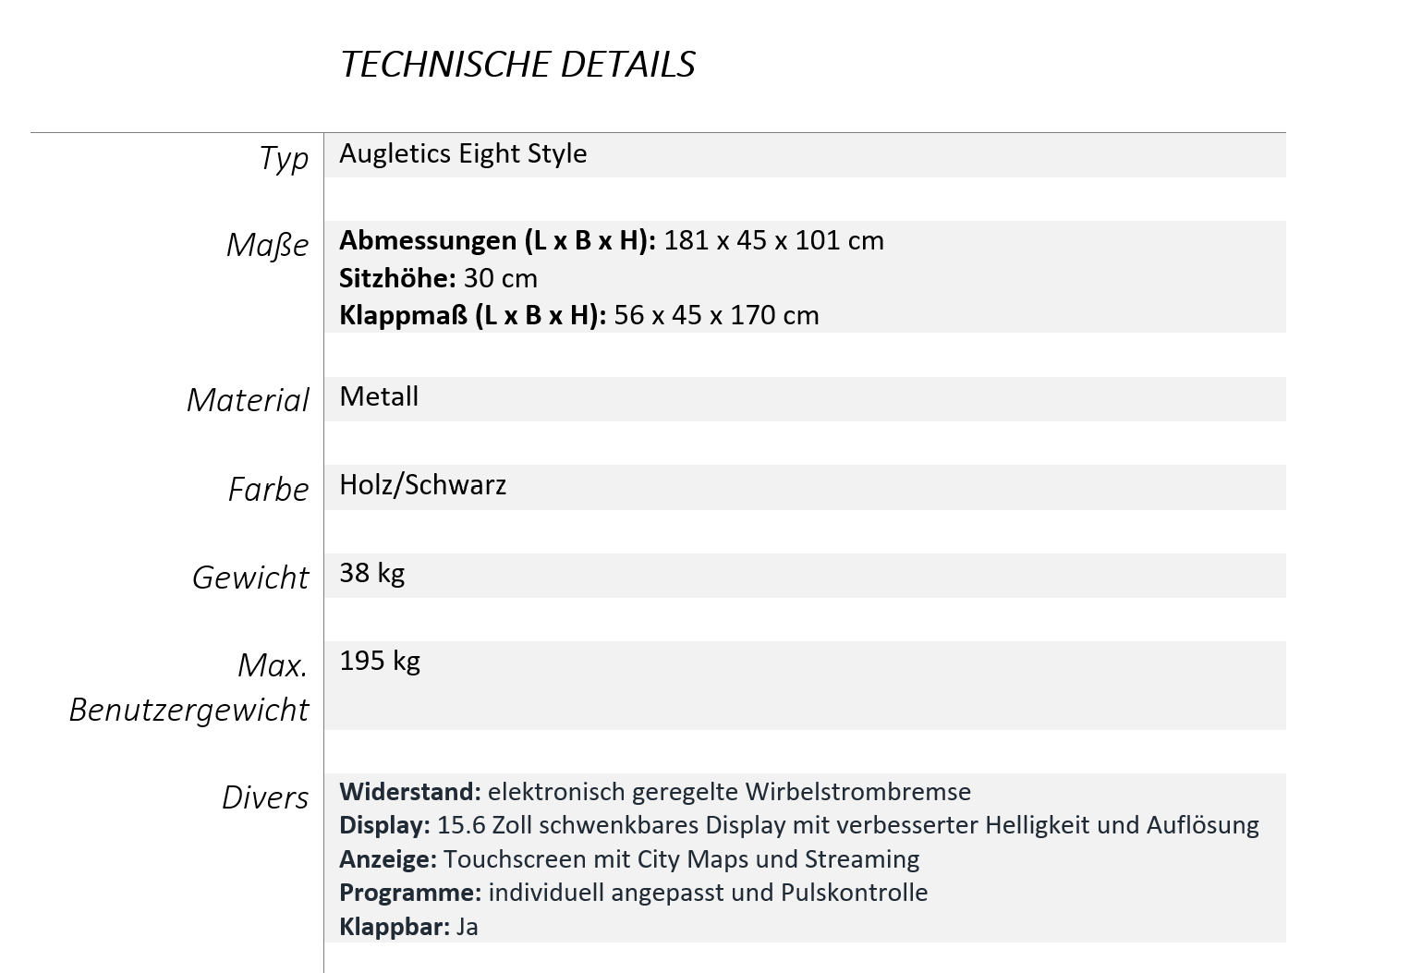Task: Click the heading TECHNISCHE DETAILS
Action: (x=517, y=64)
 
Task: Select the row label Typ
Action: (x=284, y=158)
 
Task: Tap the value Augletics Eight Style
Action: (x=463, y=153)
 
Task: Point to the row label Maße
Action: (x=267, y=245)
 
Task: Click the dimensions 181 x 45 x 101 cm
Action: (x=773, y=240)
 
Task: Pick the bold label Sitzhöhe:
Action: (x=397, y=278)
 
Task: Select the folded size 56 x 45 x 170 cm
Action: (x=716, y=315)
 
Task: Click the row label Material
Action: (x=248, y=400)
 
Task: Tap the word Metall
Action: (x=379, y=396)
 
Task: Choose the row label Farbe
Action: (x=268, y=489)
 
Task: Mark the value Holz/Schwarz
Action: (x=422, y=485)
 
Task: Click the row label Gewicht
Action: (x=250, y=578)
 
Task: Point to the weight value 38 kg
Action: (x=371, y=573)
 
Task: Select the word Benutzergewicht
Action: (x=188, y=710)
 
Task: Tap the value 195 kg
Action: (x=380, y=661)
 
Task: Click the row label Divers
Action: (x=265, y=797)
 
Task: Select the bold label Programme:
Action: (x=410, y=893)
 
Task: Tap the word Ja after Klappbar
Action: (x=467, y=927)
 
